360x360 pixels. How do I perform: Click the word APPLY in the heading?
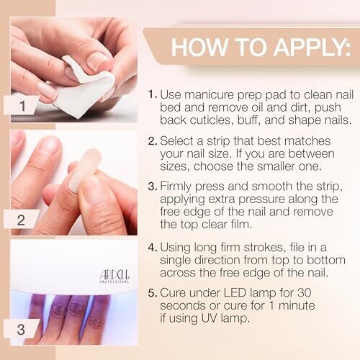312,47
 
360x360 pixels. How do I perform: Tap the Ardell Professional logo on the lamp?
114,276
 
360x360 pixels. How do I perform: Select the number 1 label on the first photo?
23,106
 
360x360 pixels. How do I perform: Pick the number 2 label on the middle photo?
21,220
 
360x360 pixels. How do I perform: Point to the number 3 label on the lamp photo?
21,329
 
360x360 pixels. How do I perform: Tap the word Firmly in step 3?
176,186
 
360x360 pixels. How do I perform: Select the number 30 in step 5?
304,293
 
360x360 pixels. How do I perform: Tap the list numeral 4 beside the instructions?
151,248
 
